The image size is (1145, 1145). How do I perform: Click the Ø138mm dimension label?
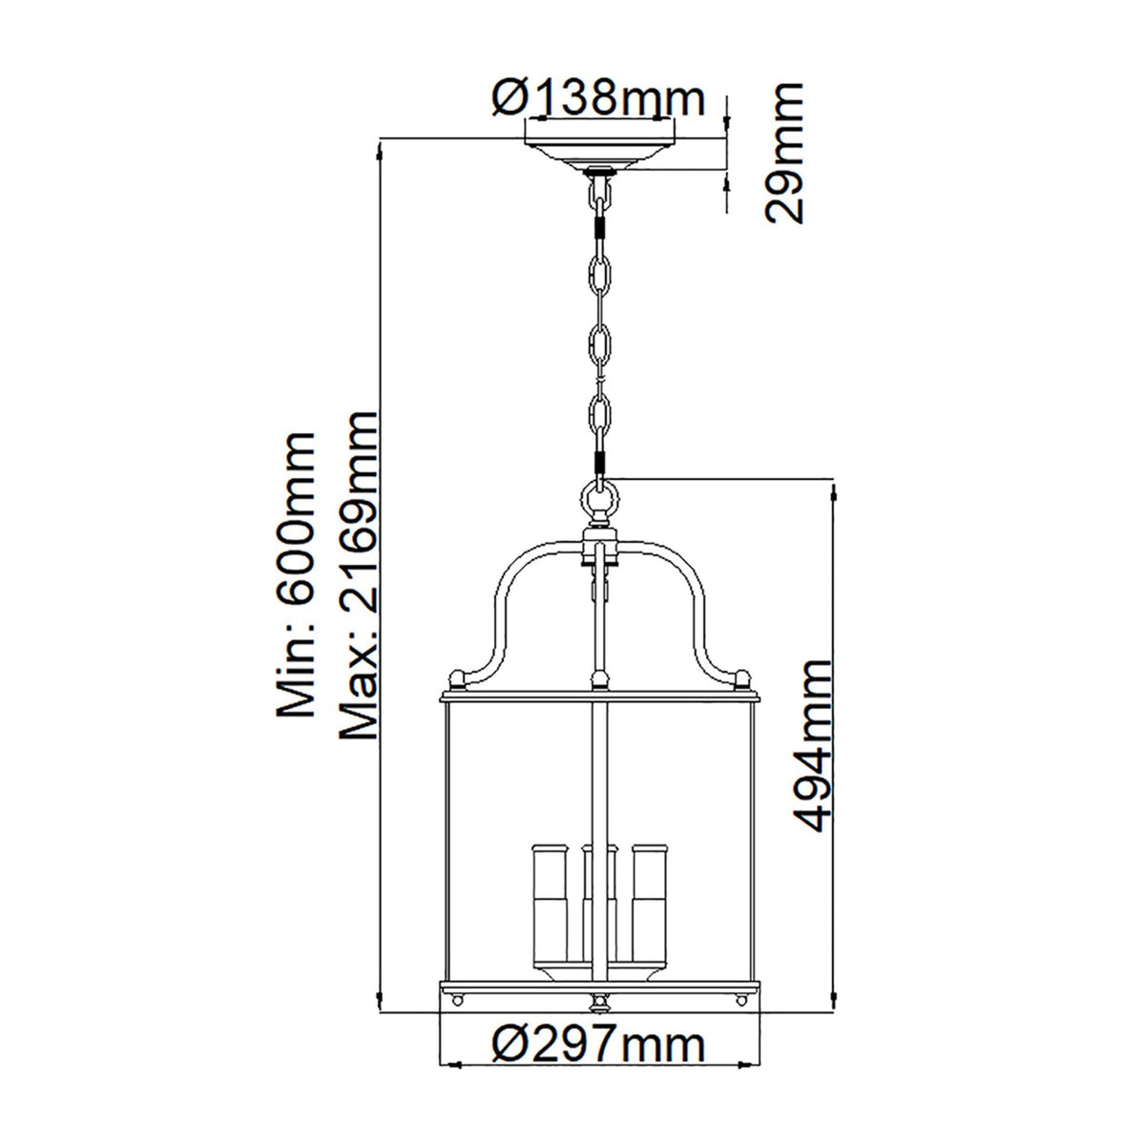point(599,98)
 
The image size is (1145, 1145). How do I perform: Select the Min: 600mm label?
point(293,573)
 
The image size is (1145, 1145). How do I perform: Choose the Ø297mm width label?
point(599,1019)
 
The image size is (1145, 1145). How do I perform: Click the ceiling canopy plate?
point(600,154)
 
